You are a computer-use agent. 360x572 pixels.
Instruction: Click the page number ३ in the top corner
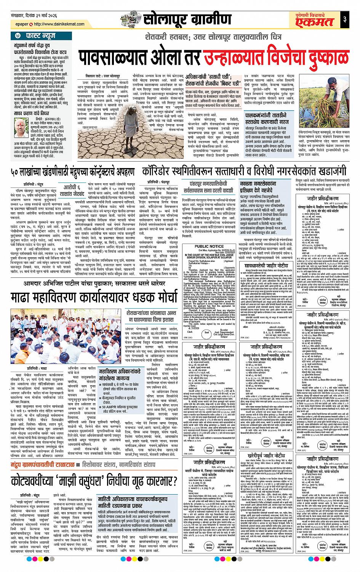pos(344,18)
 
